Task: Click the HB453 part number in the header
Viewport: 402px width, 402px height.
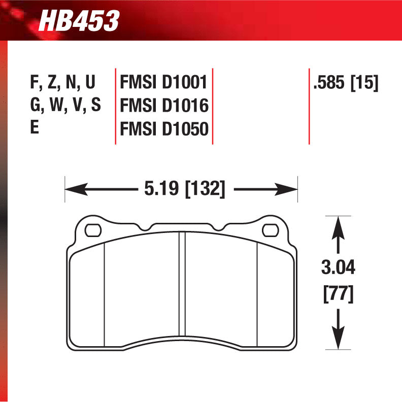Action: click(x=79, y=21)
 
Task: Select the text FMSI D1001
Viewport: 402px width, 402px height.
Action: click(x=164, y=82)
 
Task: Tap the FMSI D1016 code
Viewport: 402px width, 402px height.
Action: click(x=164, y=106)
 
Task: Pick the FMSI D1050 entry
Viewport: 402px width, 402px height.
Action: click(x=164, y=129)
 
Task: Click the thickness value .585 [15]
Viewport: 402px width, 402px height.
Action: click(x=346, y=82)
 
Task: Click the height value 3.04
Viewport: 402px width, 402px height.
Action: click(x=338, y=267)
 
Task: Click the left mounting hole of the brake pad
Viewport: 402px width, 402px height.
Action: click(x=93, y=230)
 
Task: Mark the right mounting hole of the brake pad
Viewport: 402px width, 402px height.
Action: click(x=270, y=230)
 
